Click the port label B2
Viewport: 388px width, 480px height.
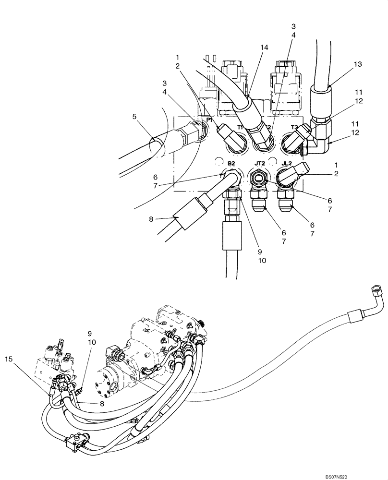(x=231, y=164)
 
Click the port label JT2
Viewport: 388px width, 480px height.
(x=260, y=164)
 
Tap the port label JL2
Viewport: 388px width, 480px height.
(x=287, y=164)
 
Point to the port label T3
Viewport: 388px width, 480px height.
(x=294, y=127)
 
